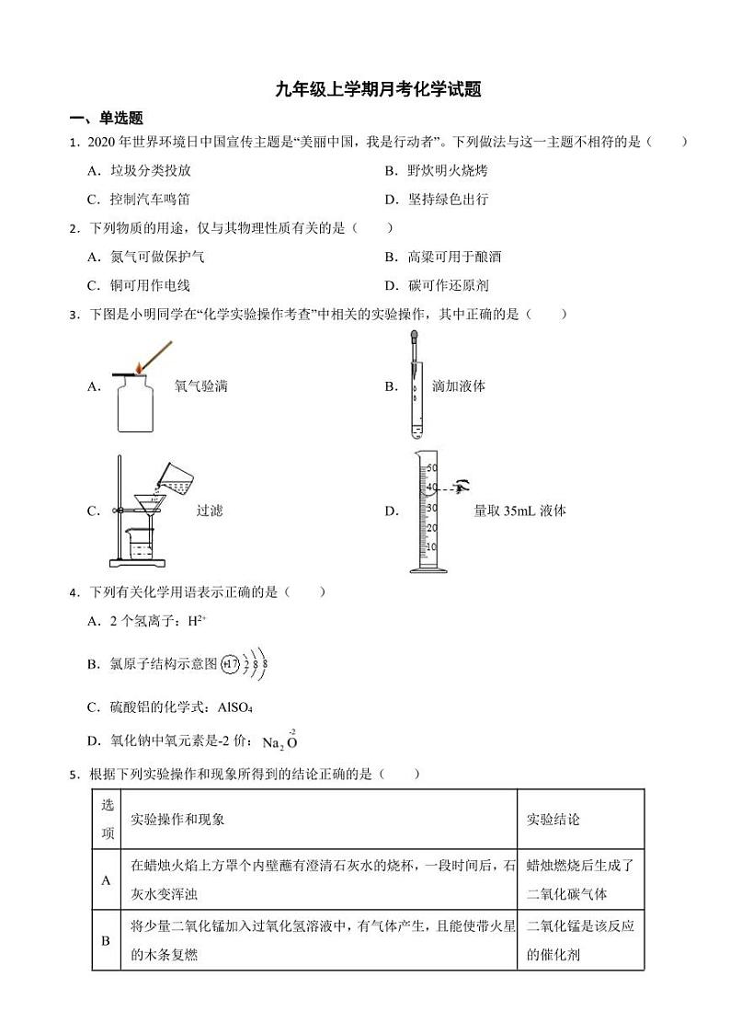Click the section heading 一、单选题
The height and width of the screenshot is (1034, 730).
(x=107, y=119)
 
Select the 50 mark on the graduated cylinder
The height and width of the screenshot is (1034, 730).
(x=431, y=468)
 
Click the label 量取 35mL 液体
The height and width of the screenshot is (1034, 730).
(x=519, y=511)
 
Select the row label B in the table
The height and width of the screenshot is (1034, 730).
(x=106, y=940)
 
